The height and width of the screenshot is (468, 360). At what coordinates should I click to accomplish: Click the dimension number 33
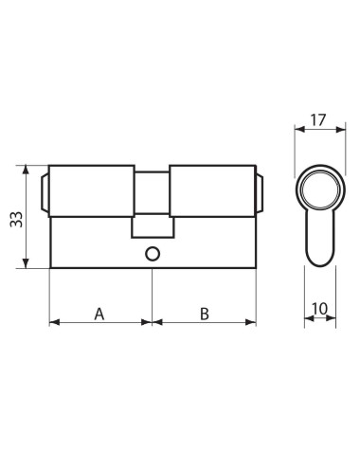click(16, 219)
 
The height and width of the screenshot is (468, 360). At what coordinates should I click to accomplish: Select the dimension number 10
click(320, 309)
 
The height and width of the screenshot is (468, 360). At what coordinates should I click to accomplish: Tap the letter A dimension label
click(99, 315)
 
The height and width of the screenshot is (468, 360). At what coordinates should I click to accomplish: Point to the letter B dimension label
click(205, 315)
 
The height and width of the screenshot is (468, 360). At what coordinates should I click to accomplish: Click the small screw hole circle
click(153, 254)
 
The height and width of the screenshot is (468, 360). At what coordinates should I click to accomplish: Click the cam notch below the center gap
click(153, 226)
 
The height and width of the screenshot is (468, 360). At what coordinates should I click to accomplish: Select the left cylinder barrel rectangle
click(92, 191)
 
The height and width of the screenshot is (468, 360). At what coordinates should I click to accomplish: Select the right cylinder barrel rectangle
click(212, 191)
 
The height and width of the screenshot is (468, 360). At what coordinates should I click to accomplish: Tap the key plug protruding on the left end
click(45, 192)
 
